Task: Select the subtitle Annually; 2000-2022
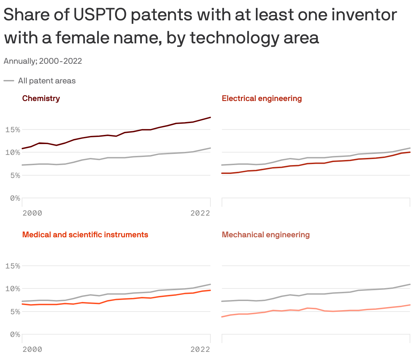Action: pos(43,61)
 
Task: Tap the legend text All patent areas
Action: pos(47,81)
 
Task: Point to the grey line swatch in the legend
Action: pos(9,81)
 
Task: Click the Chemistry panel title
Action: pos(41,98)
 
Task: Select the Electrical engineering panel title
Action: pos(262,98)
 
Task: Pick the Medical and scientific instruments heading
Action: pos(85,235)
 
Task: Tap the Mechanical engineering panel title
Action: pos(266,235)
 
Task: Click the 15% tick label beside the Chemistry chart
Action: pos(13,130)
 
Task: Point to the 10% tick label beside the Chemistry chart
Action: pos(13,153)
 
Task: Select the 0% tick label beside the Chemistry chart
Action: pos(15,198)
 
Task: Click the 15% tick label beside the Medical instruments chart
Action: pos(13,266)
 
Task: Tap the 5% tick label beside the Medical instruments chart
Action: pos(15,312)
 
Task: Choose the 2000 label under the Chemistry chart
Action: pos(32,213)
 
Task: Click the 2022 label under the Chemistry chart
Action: pos(200,213)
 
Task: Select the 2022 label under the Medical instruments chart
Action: pos(200,349)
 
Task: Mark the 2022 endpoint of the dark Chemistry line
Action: pos(210,117)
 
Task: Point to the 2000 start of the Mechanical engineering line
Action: pos(222,317)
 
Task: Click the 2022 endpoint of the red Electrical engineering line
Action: pos(410,152)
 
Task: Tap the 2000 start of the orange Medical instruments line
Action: pos(22,304)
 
